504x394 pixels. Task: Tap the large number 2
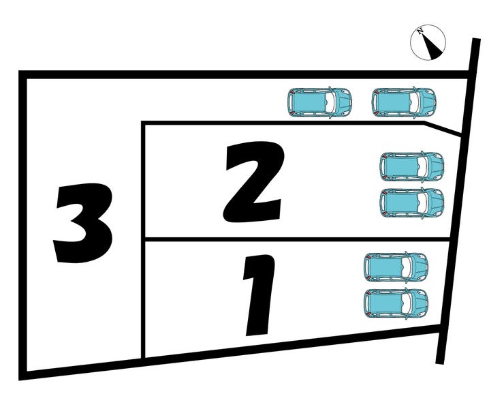(x=253, y=182)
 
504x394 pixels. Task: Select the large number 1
(x=258, y=295)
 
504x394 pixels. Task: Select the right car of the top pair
(x=404, y=102)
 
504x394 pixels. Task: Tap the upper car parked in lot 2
(x=411, y=166)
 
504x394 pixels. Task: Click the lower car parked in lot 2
(x=411, y=202)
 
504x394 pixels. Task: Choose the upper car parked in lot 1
(x=396, y=267)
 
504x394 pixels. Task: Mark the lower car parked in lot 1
(x=396, y=303)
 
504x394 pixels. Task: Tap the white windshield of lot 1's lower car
(x=407, y=303)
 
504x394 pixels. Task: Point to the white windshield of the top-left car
(x=330, y=102)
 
